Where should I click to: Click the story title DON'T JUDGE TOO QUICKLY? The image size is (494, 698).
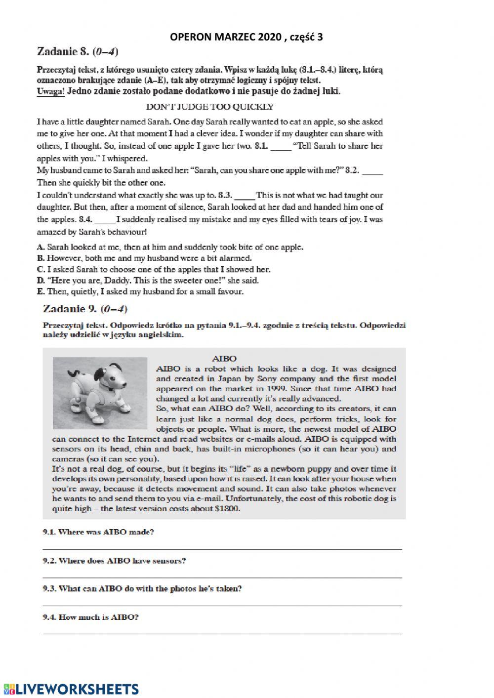pyautogui.click(x=210, y=106)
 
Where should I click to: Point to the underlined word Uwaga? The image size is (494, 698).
pyautogui.click(x=50, y=91)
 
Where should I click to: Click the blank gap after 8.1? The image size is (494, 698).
pyautogui.click(x=281, y=146)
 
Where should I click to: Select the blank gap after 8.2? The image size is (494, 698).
pyautogui.click(x=372, y=170)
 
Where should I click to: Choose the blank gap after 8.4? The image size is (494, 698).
pyautogui.click(x=104, y=219)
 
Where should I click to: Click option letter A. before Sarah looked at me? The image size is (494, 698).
pyautogui.click(x=41, y=247)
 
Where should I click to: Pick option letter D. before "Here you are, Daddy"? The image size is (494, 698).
pyautogui.click(x=41, y=281)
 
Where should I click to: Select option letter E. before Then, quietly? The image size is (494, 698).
pyautogui.click(x=41, y=291)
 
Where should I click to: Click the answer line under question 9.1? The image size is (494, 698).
pyautogui.click(x=222, y=547)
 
